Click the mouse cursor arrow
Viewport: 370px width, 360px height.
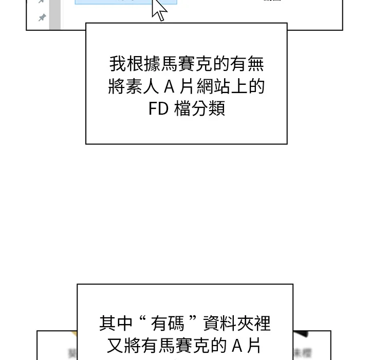click(x=159, y=10)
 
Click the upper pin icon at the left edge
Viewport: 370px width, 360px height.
click(x=42, y=2)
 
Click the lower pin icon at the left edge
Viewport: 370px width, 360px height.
click(x=42, y=18)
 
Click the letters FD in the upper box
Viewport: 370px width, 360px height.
click(x=158, y=109)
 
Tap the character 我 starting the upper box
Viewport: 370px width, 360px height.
click(x=117, y=64)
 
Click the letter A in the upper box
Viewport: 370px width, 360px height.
click(x=170, y=87)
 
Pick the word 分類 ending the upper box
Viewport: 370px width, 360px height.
click(x=212, y=109)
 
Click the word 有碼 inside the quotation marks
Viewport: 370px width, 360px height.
click(x=170, y=323)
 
